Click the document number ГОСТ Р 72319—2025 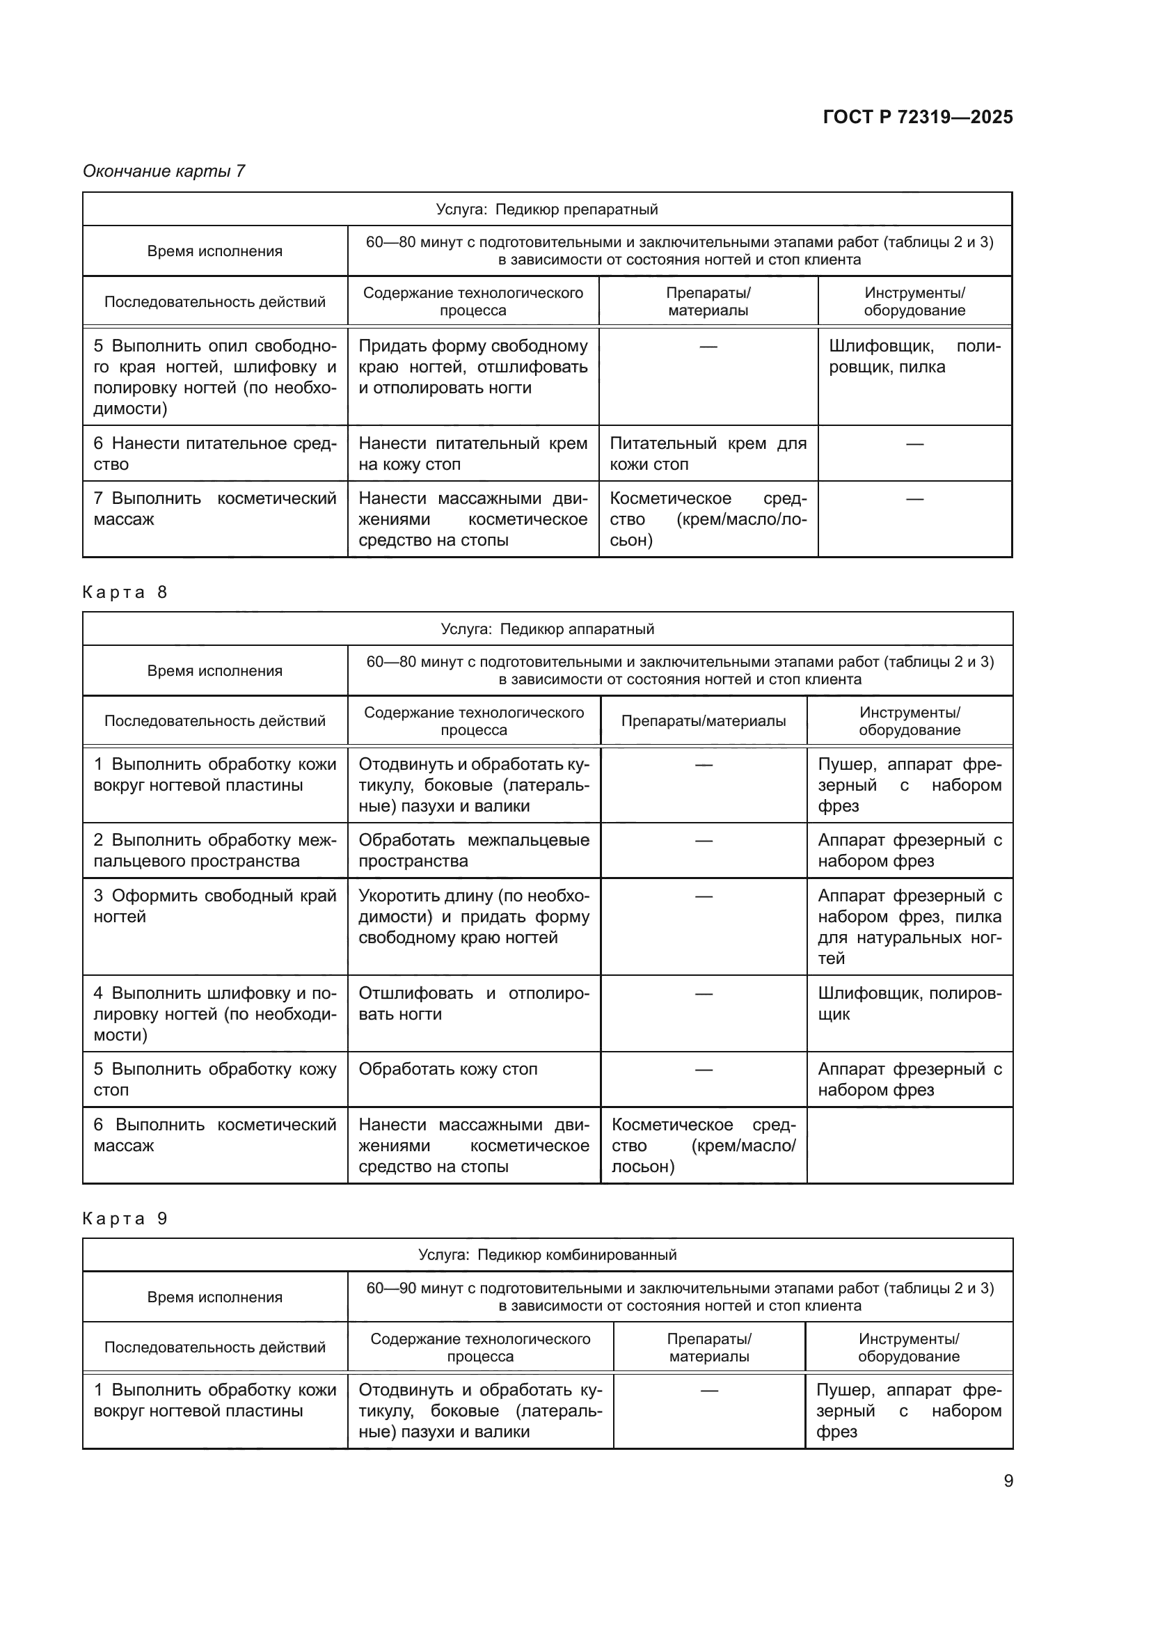pos(917,117)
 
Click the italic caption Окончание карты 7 pos(164,171)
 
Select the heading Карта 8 pos(125,592)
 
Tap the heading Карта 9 pos(125,1218)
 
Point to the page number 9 pos(1008,1480)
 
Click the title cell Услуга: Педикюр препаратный pos(546,210)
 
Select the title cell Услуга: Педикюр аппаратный pos(546,629)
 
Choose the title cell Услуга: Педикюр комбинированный pos(546,1254)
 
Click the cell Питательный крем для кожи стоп pos(707,454)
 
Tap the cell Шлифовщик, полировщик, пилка pos(914,356)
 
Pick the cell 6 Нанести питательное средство pos(215,454)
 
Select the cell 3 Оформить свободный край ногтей pos(215,906)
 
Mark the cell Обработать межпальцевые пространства pos(473,850)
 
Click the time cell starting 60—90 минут pos(680,1296)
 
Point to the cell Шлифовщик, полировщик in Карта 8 pos(910,1004)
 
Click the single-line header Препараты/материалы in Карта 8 pos(703,721)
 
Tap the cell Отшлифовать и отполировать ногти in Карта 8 pos(473,1004)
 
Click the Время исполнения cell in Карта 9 pos(215,1297)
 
